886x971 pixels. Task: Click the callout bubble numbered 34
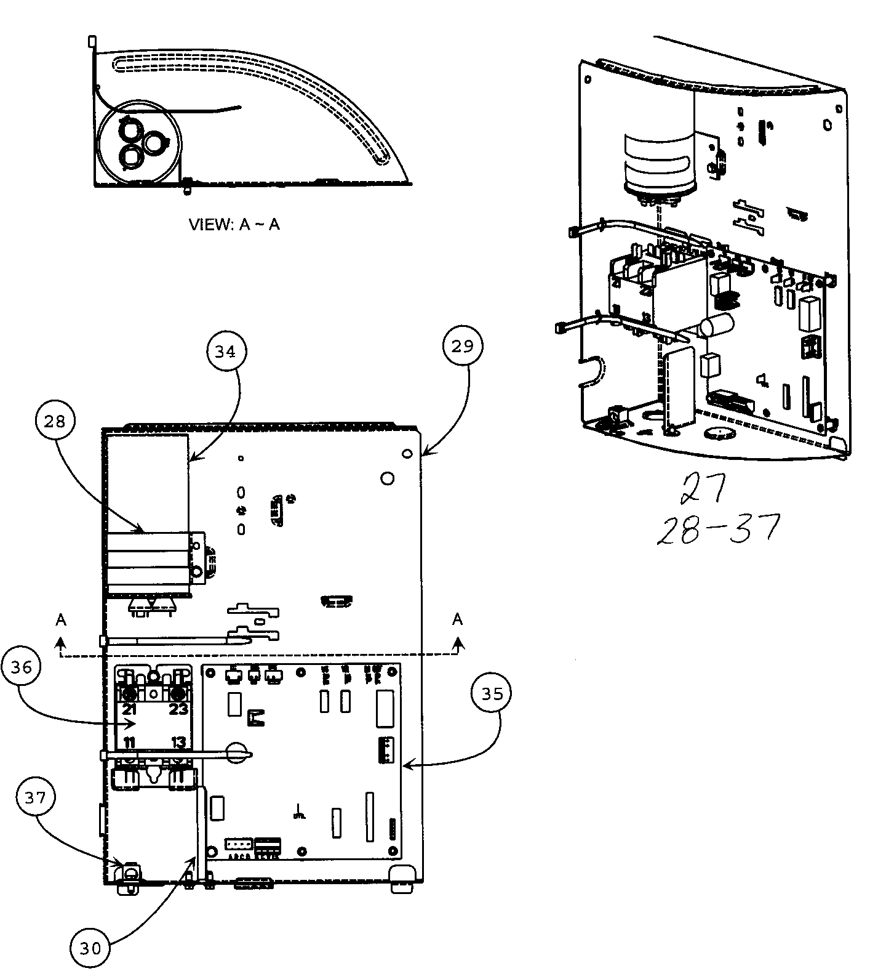[x=225, y=352]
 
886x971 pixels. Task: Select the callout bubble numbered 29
[x=463, y=346]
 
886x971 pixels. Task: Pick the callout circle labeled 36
[x=22, y=667]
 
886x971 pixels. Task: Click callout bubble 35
[x=491, y=694]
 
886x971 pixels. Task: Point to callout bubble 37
[x=35, y=799]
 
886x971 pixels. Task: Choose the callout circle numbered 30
[x=90, y=949]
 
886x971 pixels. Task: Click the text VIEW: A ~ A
[x=234, y=225]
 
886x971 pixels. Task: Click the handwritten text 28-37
[x=717, y=528]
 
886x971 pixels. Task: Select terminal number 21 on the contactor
[x=129, y=709]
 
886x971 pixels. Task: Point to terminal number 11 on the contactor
[x=129, y=742]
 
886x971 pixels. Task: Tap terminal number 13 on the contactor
[x=178, y=742]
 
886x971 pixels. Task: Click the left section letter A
[x=60, y=620]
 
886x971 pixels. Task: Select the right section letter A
[x=457, y=619]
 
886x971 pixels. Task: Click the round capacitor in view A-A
[x=141, y=143]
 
